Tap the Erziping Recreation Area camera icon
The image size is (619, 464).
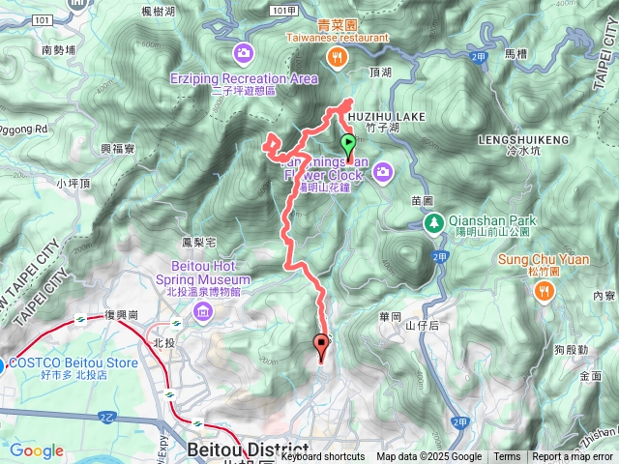point(242,51)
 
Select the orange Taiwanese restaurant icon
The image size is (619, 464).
point(336,56)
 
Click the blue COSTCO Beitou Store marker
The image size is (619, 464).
point(3,364)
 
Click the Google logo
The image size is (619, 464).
point(37,451)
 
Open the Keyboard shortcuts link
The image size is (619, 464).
point(323,457)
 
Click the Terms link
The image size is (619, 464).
point(507,457)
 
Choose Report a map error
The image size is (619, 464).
point(574,457)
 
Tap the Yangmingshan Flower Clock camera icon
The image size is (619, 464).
point(384,172)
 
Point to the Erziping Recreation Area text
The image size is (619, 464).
point(256,77)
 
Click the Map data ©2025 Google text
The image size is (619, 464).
point(428,457)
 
